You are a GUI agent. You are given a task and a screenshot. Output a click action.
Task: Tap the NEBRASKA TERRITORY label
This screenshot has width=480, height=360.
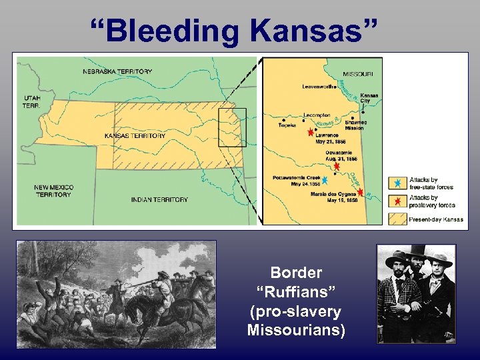[x=117, y=71]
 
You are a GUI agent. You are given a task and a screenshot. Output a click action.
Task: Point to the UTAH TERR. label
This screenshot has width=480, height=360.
[x=31, y=102]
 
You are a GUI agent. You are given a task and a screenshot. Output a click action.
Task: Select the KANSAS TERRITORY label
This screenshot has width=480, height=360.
[x=135, y=136]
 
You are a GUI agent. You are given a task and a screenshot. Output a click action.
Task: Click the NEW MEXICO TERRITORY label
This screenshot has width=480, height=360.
[x=53, y=191]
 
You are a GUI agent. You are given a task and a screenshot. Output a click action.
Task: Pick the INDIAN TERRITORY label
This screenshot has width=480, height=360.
[x=159, y=199]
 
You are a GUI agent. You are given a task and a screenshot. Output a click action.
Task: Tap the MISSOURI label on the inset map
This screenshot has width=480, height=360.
[x=363, y=74]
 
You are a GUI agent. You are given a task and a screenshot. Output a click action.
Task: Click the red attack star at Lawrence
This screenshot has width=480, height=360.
[x=310, y=133]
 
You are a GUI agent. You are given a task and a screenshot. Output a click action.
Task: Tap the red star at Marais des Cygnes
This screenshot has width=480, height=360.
[x=360, y=192]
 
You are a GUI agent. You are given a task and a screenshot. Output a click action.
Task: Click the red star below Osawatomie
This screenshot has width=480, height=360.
[x=337, y=166]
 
